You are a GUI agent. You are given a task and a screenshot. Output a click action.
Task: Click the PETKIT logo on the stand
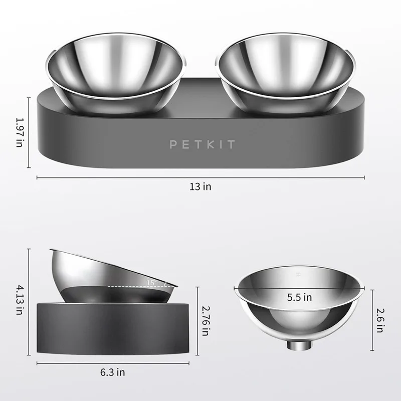click(202, 145)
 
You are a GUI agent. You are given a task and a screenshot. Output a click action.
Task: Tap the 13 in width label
click(200, 186)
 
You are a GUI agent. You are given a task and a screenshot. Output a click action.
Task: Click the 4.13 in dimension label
click(19, 300)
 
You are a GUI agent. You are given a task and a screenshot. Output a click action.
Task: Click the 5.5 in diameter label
click(300, 297)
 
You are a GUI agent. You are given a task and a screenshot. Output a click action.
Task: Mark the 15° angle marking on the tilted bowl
click(151, 284)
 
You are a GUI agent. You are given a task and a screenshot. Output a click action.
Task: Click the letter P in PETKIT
click(173, 145)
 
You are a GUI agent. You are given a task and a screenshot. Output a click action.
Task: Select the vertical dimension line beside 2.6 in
click(372, 321)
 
